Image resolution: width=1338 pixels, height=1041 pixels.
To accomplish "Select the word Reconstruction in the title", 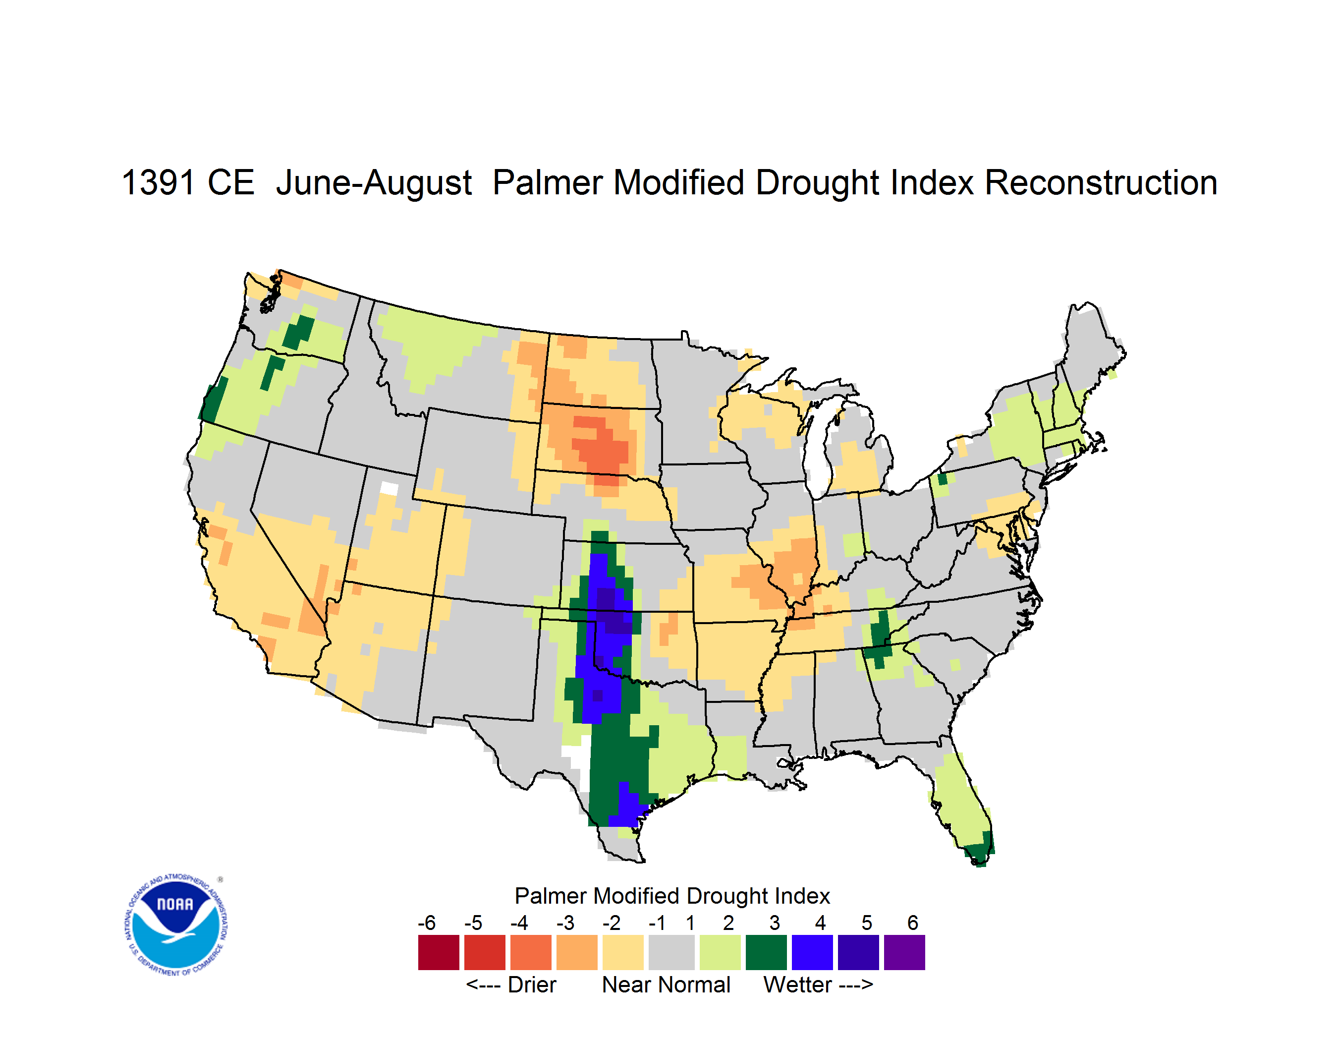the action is (x=1101, y=182).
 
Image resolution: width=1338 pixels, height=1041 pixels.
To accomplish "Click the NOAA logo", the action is (x=176, y=925).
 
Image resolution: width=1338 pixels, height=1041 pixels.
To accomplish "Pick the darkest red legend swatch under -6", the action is (x=439, y=952).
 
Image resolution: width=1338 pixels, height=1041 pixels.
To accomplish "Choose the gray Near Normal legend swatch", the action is (x=671, y=952).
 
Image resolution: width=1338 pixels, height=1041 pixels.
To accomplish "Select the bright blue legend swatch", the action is (x=812, y=952).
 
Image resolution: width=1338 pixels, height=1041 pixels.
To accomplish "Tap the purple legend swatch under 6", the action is (x=904, y=952).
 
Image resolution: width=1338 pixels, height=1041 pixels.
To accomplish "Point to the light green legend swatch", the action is (x=720, y=952).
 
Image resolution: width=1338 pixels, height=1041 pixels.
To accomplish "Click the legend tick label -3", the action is (x=565, y=922).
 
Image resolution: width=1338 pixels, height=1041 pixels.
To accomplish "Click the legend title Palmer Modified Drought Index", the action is (x=672, y=896).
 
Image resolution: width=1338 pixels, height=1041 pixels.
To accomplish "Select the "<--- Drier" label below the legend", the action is (x=511, y=984).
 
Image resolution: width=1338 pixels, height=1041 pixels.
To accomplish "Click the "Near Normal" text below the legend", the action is (x=666, y=984).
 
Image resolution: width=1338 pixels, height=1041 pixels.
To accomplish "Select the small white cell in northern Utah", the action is (x=389, y=488).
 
